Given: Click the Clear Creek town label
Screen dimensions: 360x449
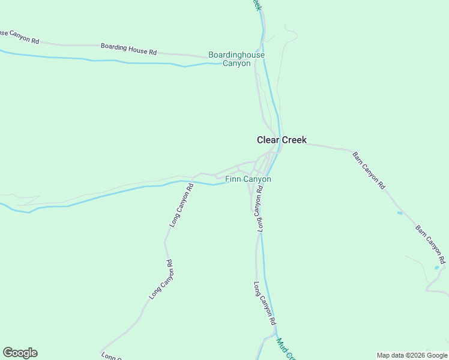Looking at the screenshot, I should pyautogui.click(x=282, y=140).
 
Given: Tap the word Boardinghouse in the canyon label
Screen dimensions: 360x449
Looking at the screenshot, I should pyautogui.click(x=237, y=55).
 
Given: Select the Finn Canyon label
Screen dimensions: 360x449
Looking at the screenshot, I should pyautogui.click(x=248, y=179).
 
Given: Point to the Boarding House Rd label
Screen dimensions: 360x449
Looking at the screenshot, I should pyautogui.click(x=128, y=46).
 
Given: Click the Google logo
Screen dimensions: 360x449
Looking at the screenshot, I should pyautogui.click(x=20, y=353).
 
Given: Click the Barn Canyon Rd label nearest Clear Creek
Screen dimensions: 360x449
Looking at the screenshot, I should pyautogui.click(x=368, y=170).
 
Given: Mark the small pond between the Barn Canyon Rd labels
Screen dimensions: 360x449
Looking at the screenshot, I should pyautogui.click(x=399, y=212).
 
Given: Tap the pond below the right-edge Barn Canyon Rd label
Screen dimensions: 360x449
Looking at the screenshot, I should pyautogui.click(x=436, y=268).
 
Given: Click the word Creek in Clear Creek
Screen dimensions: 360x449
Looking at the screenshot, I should pyautogui.click(x=295, y=140).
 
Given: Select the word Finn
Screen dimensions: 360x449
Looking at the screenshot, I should pyautogui.click(x=232, y=179).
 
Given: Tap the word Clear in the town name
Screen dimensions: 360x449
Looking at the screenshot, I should pyautogui.click(x=268, y=140).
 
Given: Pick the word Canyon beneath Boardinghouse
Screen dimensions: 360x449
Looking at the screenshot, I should pyautogui.click(x=237, y=63).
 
